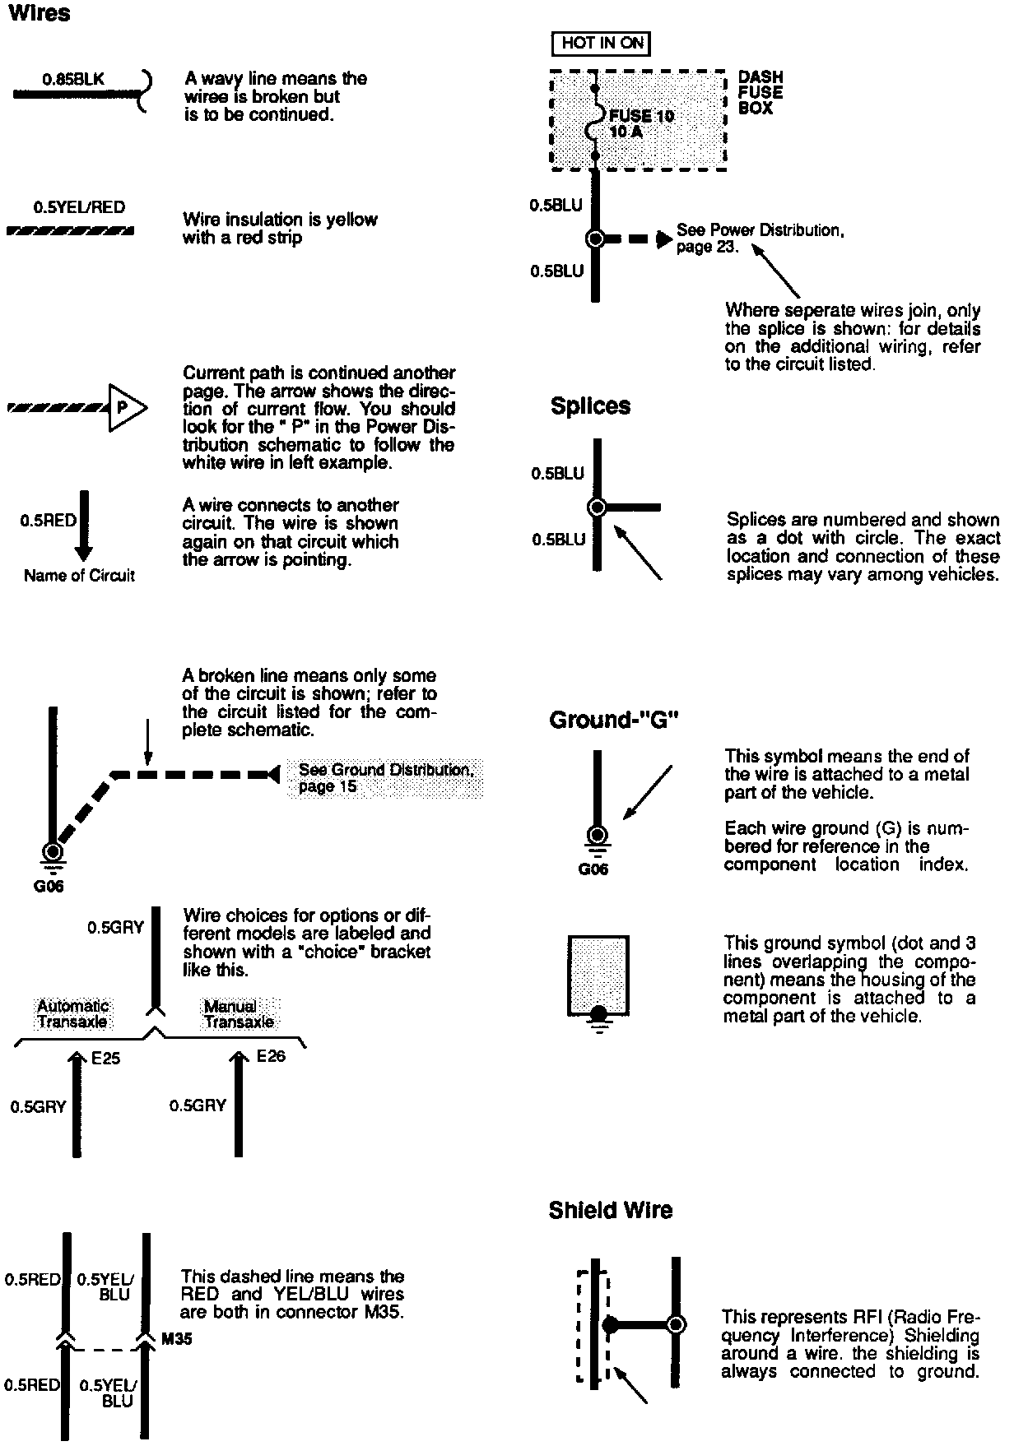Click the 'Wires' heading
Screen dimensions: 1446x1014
coord(39,14)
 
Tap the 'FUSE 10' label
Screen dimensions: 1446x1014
coord(641,116)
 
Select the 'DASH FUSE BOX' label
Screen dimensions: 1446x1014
coord(760,93)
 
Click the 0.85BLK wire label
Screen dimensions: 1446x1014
coord(73,80)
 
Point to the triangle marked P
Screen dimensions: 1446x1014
coord(126,407)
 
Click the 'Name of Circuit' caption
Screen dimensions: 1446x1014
coord(79,576)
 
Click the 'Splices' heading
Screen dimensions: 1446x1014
coord(590,406)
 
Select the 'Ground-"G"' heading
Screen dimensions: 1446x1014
coord(613,721)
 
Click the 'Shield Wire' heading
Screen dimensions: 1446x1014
coord(610,1210)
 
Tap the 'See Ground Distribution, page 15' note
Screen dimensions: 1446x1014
coord(385,778)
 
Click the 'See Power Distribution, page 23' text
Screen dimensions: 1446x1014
coord(760,239)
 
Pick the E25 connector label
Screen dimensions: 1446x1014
coord(105,1059)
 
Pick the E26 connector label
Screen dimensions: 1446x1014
coord(271,1056)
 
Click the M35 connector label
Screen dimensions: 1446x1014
coord(176,1339)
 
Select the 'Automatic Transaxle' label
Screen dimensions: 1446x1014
coord(72,1014)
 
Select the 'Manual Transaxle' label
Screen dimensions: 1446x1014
coord(239,1014)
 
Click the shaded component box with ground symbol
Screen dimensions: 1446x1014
coord(598,975)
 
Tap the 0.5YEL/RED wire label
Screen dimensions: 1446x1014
coord(79,207)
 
